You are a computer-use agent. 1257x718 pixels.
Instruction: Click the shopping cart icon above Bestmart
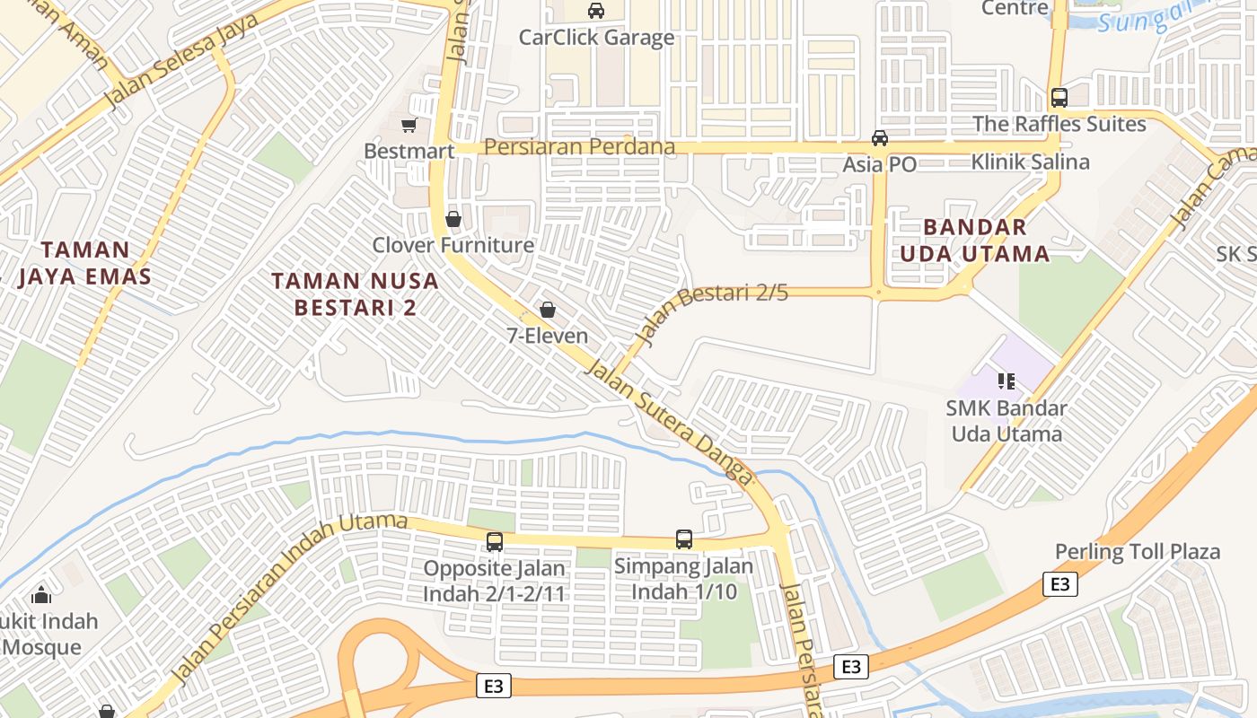click(409, 125)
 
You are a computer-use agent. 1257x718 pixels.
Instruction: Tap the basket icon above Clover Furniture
click(453, 219)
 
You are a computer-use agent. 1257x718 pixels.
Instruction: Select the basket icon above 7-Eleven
click(547, 311)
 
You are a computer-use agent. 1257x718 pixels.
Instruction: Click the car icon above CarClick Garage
click(595, 11)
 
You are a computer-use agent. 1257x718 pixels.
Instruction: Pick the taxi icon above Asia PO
click(880, 138)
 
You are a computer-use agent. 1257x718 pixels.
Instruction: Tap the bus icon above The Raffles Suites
click(1059, 98)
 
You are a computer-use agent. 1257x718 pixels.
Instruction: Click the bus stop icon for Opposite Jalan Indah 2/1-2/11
click(495, 542)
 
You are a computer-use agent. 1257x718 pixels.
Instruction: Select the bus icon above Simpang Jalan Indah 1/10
click(684, 539)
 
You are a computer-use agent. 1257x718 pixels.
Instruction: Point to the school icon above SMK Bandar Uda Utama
click(1006, 381)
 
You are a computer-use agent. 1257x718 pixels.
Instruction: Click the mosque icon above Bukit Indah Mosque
click(41, 595)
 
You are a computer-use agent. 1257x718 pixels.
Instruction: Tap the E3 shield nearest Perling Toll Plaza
click(1060, 584)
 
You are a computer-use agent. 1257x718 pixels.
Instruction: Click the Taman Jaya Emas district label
click(85, 263)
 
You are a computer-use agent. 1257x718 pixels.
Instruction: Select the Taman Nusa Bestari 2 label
click(356, 294)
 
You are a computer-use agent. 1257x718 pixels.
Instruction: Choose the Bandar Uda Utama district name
click(974, 241)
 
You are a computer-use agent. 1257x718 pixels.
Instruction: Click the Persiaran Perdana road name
click(579, 146)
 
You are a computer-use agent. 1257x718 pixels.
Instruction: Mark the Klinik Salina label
click(1030, 162)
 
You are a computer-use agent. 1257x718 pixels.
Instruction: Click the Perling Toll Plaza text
click(1138, 551)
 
